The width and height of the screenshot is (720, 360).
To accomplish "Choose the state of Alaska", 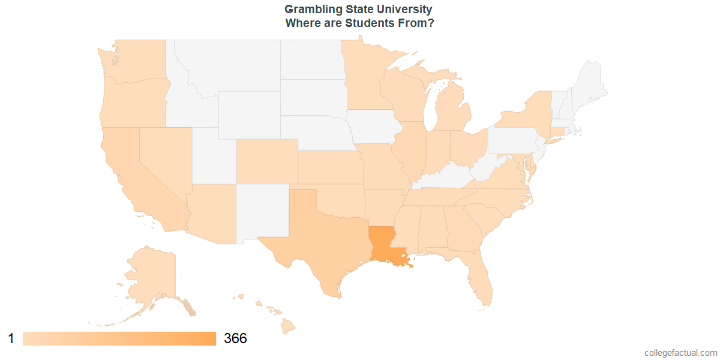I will (150, 276).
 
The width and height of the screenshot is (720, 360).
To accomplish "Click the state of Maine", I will (591, 84).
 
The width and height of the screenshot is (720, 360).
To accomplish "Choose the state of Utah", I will (214, 156).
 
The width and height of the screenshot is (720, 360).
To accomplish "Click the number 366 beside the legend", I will (235, 338).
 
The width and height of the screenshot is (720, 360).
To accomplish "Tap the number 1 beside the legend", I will (11, 338).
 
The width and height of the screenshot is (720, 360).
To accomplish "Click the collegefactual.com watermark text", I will (680, 353).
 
